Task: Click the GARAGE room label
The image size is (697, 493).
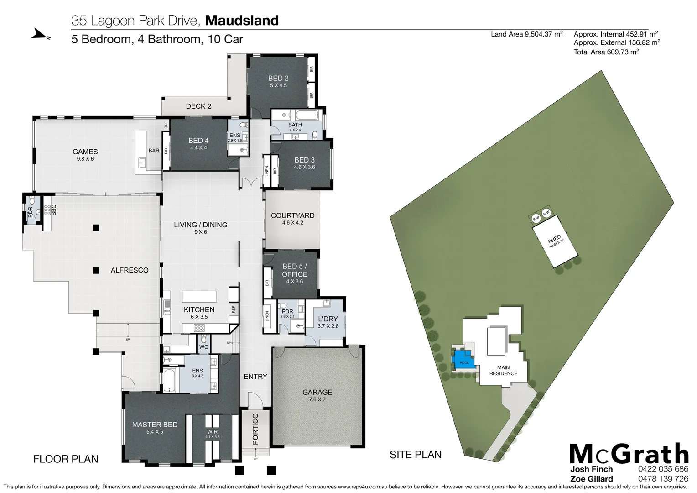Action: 317,392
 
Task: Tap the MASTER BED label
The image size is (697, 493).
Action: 155,425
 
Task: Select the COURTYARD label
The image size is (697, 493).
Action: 292,215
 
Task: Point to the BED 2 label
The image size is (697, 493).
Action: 278,79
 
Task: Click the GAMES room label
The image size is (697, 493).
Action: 85,152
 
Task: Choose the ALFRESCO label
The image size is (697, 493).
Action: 130,270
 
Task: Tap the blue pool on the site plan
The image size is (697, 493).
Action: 463,359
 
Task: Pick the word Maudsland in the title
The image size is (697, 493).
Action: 242,21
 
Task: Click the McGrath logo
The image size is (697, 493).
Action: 629,454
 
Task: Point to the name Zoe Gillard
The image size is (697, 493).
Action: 591,479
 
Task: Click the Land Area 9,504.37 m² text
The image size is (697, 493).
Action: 526,34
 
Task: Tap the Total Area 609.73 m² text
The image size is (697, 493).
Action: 606,52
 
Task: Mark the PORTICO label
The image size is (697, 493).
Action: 255,429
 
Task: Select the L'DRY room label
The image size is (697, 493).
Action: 328,319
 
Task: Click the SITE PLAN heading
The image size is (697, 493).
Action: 415,455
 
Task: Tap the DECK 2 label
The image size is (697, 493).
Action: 198,106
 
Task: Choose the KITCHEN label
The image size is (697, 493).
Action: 199,309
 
